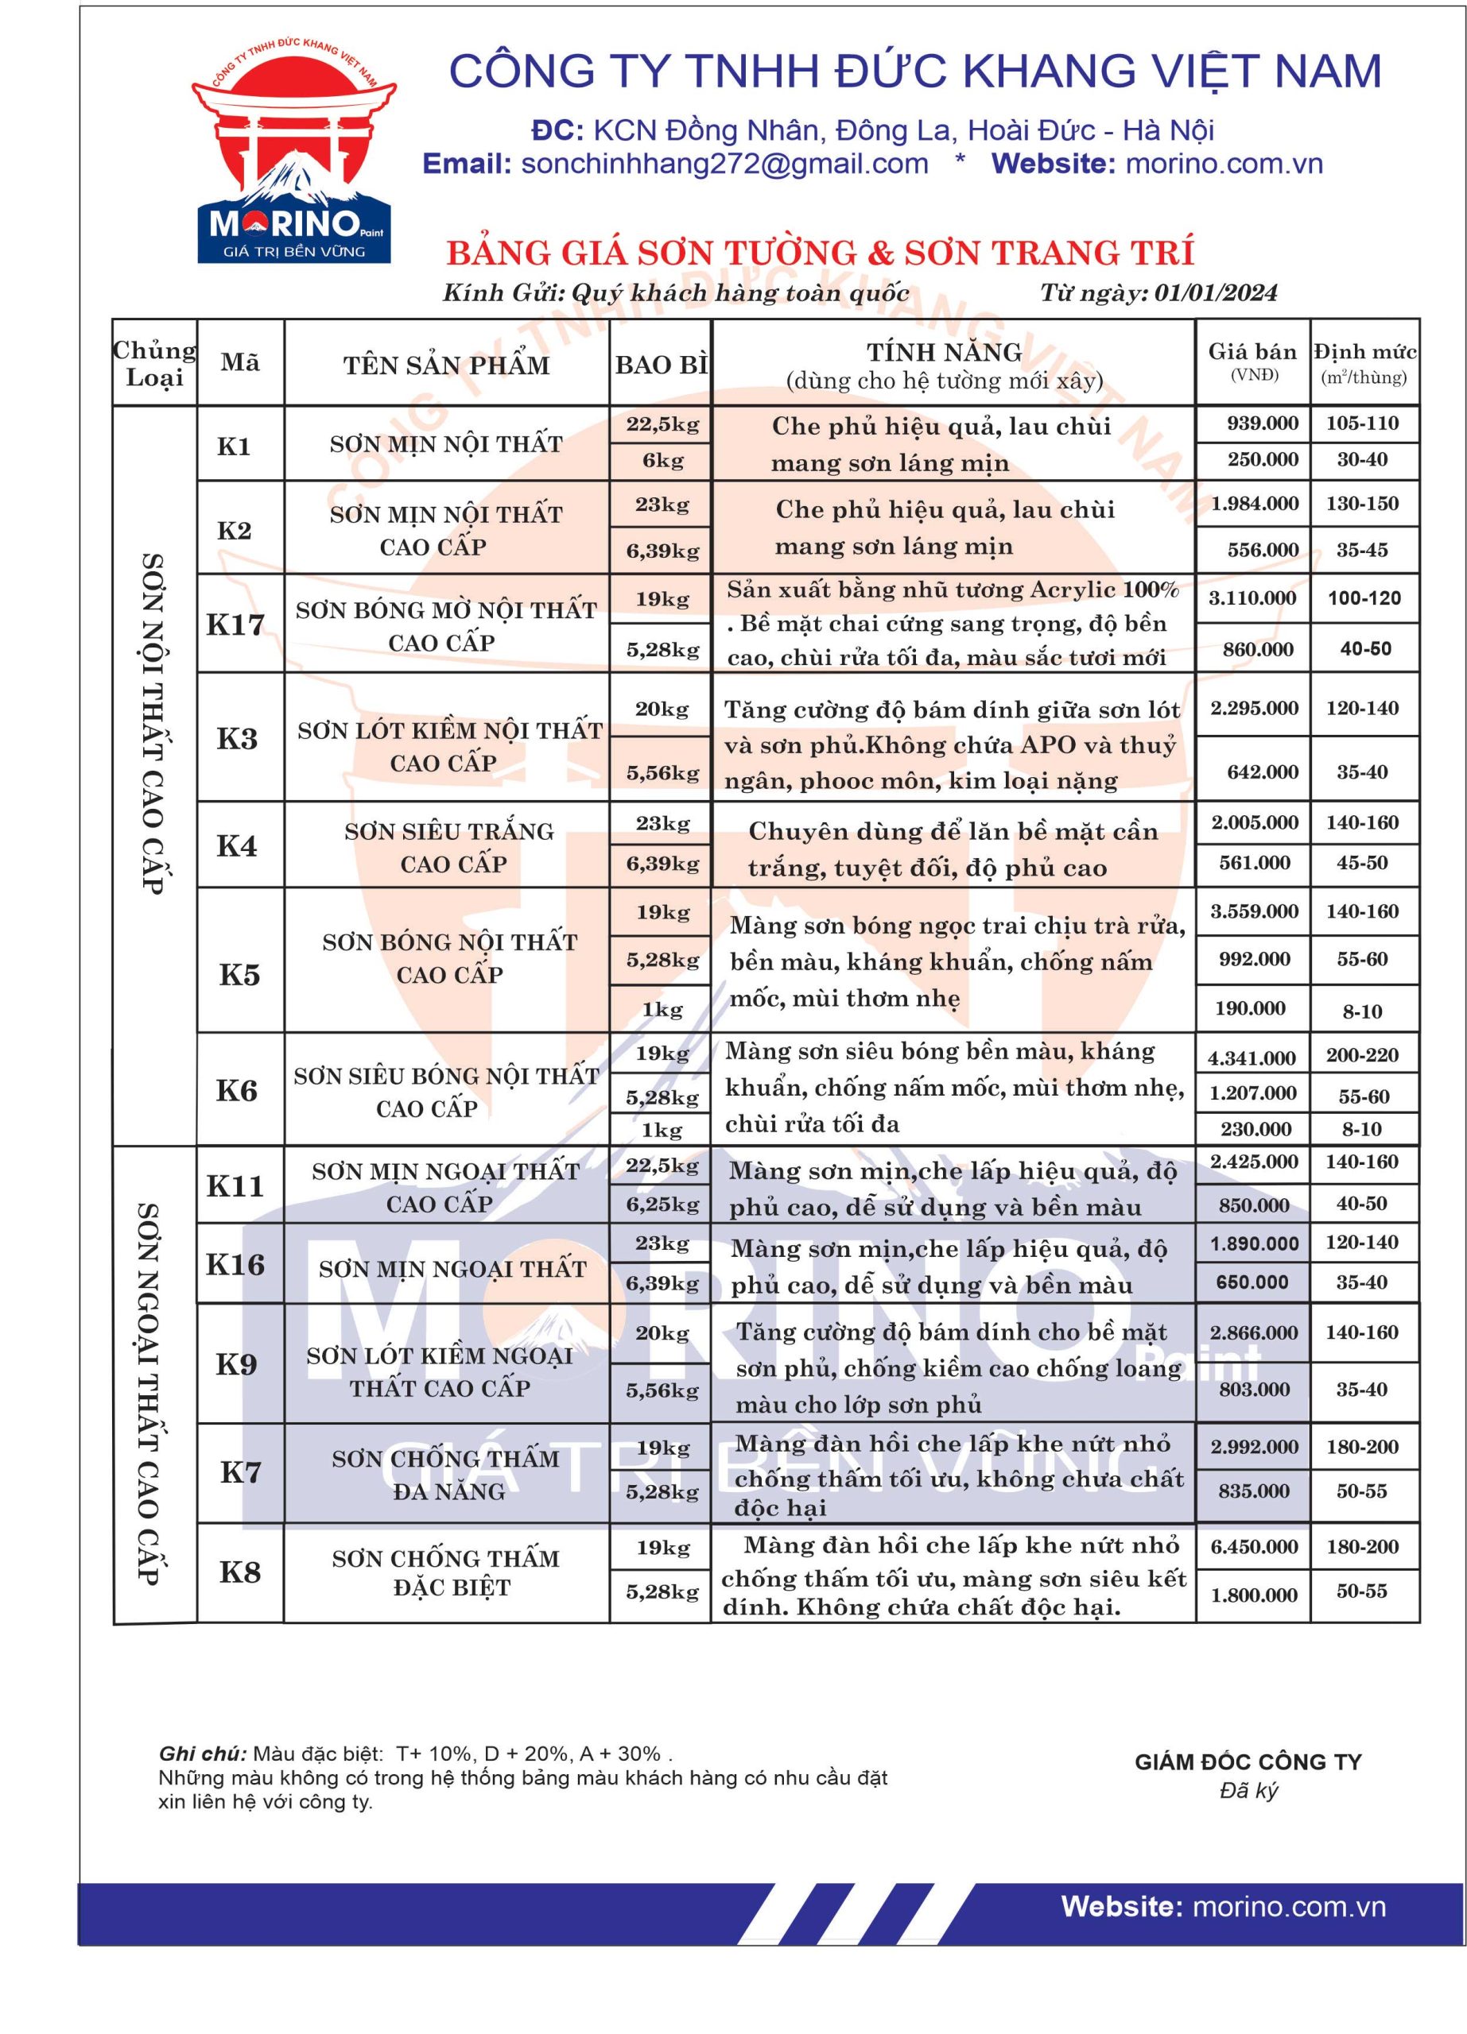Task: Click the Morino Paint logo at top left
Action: click(x=293, y=153)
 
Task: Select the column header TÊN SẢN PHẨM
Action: click(x=446, y=365)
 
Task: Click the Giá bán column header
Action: click(x=1252, y=362)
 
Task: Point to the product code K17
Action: click(x=235, y=625)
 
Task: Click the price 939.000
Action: click(x=1262, y=423)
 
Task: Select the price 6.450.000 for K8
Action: click(x=1253, y=1547)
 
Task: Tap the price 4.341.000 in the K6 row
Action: click(x=1252, y=1058)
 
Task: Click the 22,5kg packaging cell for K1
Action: click(x=662, y=424)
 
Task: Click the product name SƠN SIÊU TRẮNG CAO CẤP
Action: click(x=450, y=848)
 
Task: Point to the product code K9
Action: click(x=237, y=1364)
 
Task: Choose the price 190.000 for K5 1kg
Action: click(x=1250, y=1008)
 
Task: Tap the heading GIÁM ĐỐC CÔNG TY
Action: click(x=1248, y=1761)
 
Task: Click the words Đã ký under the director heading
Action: click(x=1248, y=1791)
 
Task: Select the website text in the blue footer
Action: click(x=1223, y=1907)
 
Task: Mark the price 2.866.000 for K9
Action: click(x=1253, y=1332)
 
